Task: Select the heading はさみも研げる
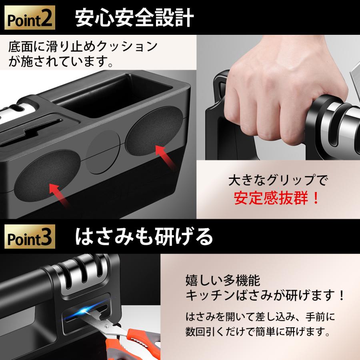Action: coord(144,237)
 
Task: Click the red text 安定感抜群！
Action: coord(276,198)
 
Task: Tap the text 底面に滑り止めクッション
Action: coord(83,47)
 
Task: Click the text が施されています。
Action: coord(61,62)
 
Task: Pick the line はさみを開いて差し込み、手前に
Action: coord(260,317)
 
